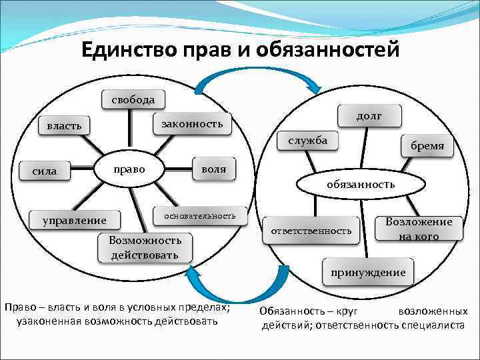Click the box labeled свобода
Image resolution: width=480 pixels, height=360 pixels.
pyautogui.click(x=133, y=100)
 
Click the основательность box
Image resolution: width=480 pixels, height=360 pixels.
pyautogui.click(x=200, y=215)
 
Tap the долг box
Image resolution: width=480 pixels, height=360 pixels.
pyautogui.click(x=369, y=115)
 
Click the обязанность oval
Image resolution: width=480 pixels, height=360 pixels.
pyautogui.click(x=360, y=183)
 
